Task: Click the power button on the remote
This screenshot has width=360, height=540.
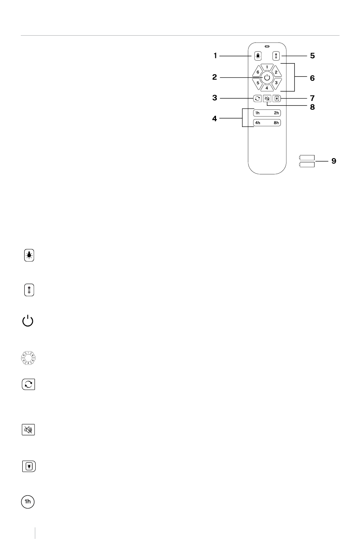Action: coord(267,78)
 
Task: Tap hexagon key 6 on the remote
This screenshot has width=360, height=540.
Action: coord(258,72)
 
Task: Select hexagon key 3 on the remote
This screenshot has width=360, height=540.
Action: coord(276,83)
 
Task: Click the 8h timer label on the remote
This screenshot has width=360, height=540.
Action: coord(276,123)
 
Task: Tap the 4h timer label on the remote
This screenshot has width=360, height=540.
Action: coord(258,123)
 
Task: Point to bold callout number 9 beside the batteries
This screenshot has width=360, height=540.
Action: coord(334,161)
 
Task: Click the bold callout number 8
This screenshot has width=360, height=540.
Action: coord(312,107)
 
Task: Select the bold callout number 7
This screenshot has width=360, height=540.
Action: coord(312,98)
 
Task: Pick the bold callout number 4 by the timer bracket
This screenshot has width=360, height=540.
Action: coord(214,119)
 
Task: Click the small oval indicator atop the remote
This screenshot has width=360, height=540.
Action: coord(267,46)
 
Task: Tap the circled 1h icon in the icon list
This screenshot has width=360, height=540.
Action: coord(28,502)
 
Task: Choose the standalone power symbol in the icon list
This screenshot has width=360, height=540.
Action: coord(28,321)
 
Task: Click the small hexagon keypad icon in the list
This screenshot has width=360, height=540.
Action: coord(28,358)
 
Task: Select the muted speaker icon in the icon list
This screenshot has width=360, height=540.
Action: coord(28,430)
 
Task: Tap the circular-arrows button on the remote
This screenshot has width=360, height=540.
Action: coord(257,98)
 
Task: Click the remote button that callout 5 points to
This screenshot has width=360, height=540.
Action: coord(276,56)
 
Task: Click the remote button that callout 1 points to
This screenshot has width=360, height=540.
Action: coord(258,56)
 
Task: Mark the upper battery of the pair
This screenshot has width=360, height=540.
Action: coord(307,158)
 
